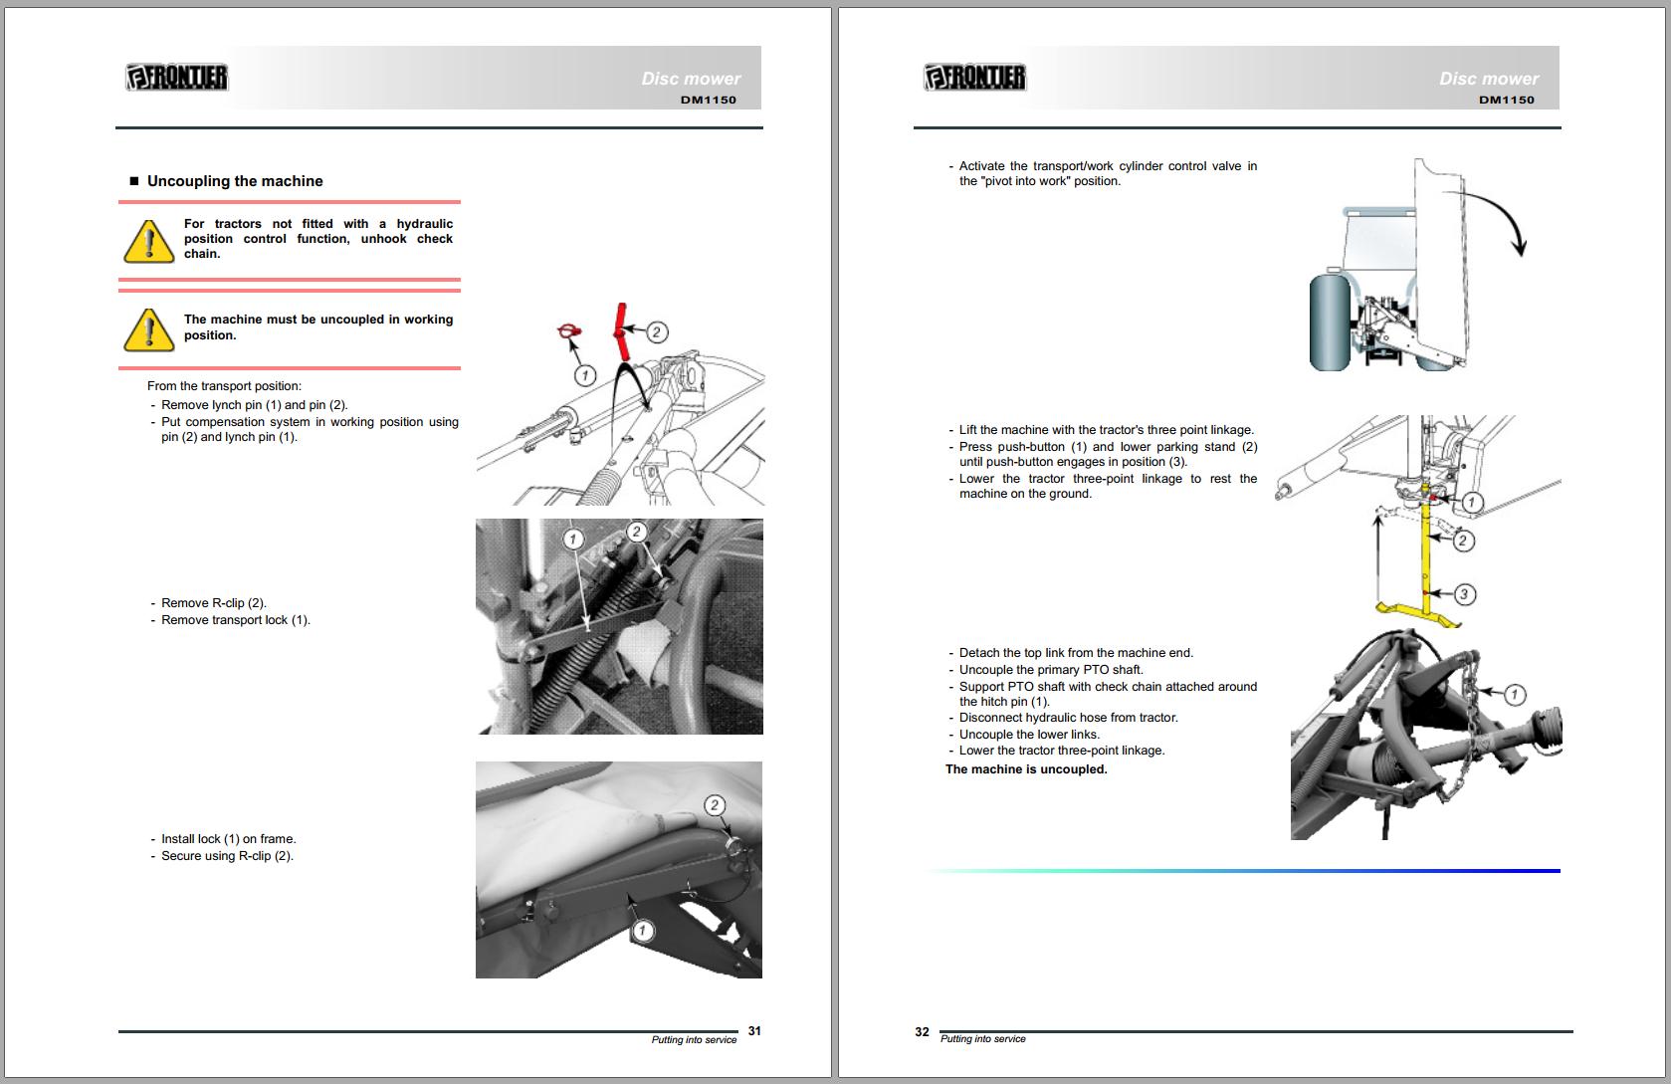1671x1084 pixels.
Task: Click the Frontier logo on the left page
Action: point(177,77)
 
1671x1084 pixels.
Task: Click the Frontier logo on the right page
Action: point(974,77)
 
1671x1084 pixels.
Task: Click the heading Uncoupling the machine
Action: point(235,181)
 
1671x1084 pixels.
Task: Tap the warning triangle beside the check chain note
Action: point(149,241)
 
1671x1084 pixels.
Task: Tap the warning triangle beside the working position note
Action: point(149,329)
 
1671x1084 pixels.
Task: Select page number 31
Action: point(754,1031)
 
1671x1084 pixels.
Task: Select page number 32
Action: point(922,1032)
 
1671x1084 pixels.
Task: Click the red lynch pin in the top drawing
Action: point(569,333)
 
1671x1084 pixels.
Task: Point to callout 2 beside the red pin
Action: point(656,331)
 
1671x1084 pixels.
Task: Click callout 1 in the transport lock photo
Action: point(572,539)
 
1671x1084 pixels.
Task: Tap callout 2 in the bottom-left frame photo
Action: point(715,805)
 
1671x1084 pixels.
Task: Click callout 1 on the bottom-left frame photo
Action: point(643,930)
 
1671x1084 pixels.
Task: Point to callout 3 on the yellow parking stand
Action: point(1464,594)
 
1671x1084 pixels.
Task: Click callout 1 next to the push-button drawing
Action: point(1472,503)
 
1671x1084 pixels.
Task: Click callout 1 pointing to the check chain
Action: point(1514,694)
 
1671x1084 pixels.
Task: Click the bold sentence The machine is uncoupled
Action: point(1026,769)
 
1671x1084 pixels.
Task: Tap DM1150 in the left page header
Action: point(709,100)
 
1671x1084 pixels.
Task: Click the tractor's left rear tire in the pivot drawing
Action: point(1330,323)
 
